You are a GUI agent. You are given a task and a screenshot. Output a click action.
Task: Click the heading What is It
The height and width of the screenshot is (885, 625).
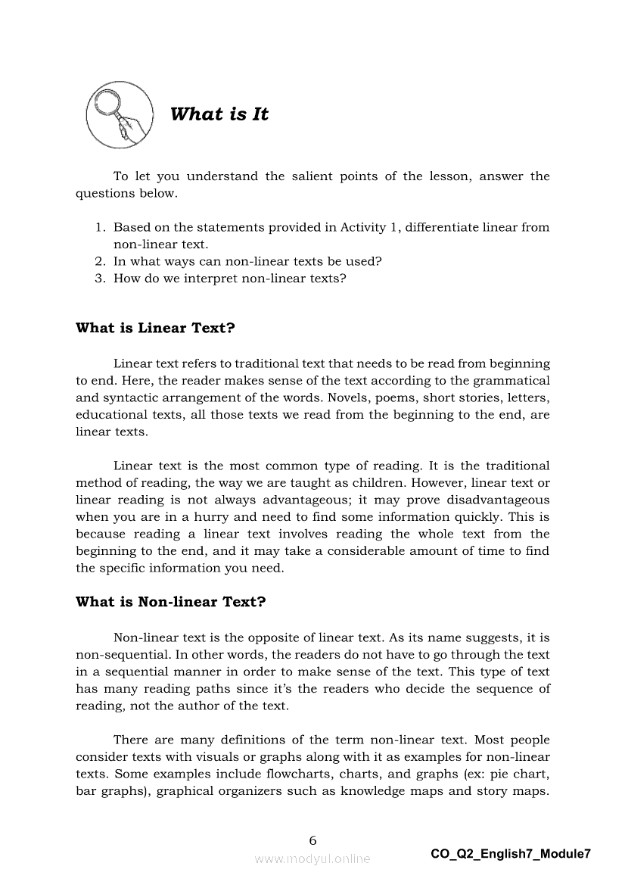[219, 114]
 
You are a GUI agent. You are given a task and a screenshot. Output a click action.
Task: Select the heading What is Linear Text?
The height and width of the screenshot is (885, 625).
[155, 328]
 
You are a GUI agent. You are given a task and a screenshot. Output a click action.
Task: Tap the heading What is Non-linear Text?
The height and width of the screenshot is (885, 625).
[170, 602]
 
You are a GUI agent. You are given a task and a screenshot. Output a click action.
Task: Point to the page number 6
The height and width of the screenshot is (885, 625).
[312, 840]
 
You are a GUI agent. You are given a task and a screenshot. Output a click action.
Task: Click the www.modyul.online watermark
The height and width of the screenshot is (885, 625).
[312, 859]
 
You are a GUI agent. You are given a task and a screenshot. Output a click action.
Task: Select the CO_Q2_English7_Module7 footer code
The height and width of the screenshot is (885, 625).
[511, 854]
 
